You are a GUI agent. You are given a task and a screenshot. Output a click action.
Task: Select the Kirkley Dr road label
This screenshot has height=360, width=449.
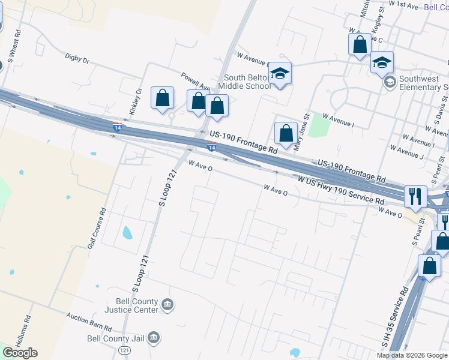pyautogui.click(x=135, y=102)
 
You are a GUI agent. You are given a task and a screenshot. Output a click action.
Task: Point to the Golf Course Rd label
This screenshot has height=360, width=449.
pyautogui.click(x=97, y=229)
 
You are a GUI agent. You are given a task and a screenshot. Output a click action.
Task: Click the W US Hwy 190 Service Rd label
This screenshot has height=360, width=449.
pyautogui.click(x=340, y=189)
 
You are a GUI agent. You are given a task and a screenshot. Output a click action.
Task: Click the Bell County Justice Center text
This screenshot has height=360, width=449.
pyautogui.click(x=131, y=305)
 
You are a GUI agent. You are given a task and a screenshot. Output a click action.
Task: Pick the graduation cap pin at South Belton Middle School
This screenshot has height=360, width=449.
pyautogui.click(x=280, y=73)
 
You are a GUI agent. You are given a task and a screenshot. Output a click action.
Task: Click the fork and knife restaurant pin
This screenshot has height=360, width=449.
pyautogui.click(x=415, y=195)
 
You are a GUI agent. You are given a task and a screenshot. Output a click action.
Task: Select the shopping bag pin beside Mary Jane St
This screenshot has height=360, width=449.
pyautogui.click(x=286, y=133)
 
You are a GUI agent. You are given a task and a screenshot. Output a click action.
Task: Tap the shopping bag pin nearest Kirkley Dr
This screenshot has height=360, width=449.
pyautogui.click(x=162, y=98)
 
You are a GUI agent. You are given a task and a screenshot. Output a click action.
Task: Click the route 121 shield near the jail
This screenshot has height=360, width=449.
pyautogui.click(x=124, y=350)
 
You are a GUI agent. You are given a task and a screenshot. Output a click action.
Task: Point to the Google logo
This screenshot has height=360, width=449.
pyautogui.click(x=20, y=353)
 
